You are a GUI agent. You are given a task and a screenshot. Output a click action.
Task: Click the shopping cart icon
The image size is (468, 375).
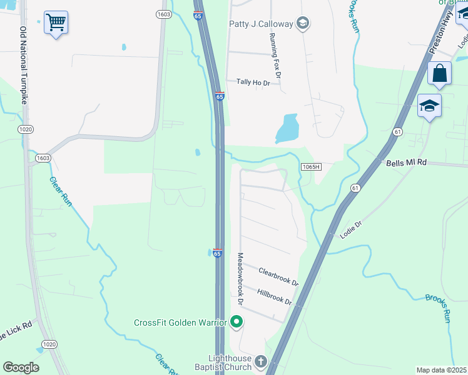click(x=56, y=23)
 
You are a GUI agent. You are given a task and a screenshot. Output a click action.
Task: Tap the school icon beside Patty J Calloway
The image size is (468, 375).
click(x=303, y=24)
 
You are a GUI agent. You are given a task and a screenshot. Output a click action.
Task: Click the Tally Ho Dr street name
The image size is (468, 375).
click(x=253, y=82)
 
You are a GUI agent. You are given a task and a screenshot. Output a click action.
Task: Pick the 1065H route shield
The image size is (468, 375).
click(x=310, y=166)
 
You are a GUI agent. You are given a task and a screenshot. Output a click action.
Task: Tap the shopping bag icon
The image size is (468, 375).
click(x=440, y=73)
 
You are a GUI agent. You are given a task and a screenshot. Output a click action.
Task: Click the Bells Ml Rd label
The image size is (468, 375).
click(x=406, y=162)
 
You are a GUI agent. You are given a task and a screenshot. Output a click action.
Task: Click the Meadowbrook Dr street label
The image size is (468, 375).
click(x=240, y=279)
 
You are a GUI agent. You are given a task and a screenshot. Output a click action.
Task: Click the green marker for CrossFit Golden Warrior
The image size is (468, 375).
click(x=237, y=322)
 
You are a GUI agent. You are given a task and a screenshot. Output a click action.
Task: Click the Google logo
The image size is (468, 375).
click(x=21, y=367)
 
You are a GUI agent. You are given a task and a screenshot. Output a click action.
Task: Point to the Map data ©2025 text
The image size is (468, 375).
click(x=442, y=370)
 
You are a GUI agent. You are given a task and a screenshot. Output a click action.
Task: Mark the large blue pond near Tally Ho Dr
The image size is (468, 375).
click(x=287, y=128)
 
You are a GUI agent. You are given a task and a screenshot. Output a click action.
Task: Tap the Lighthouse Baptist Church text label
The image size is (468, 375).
click(x=221, y=362)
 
